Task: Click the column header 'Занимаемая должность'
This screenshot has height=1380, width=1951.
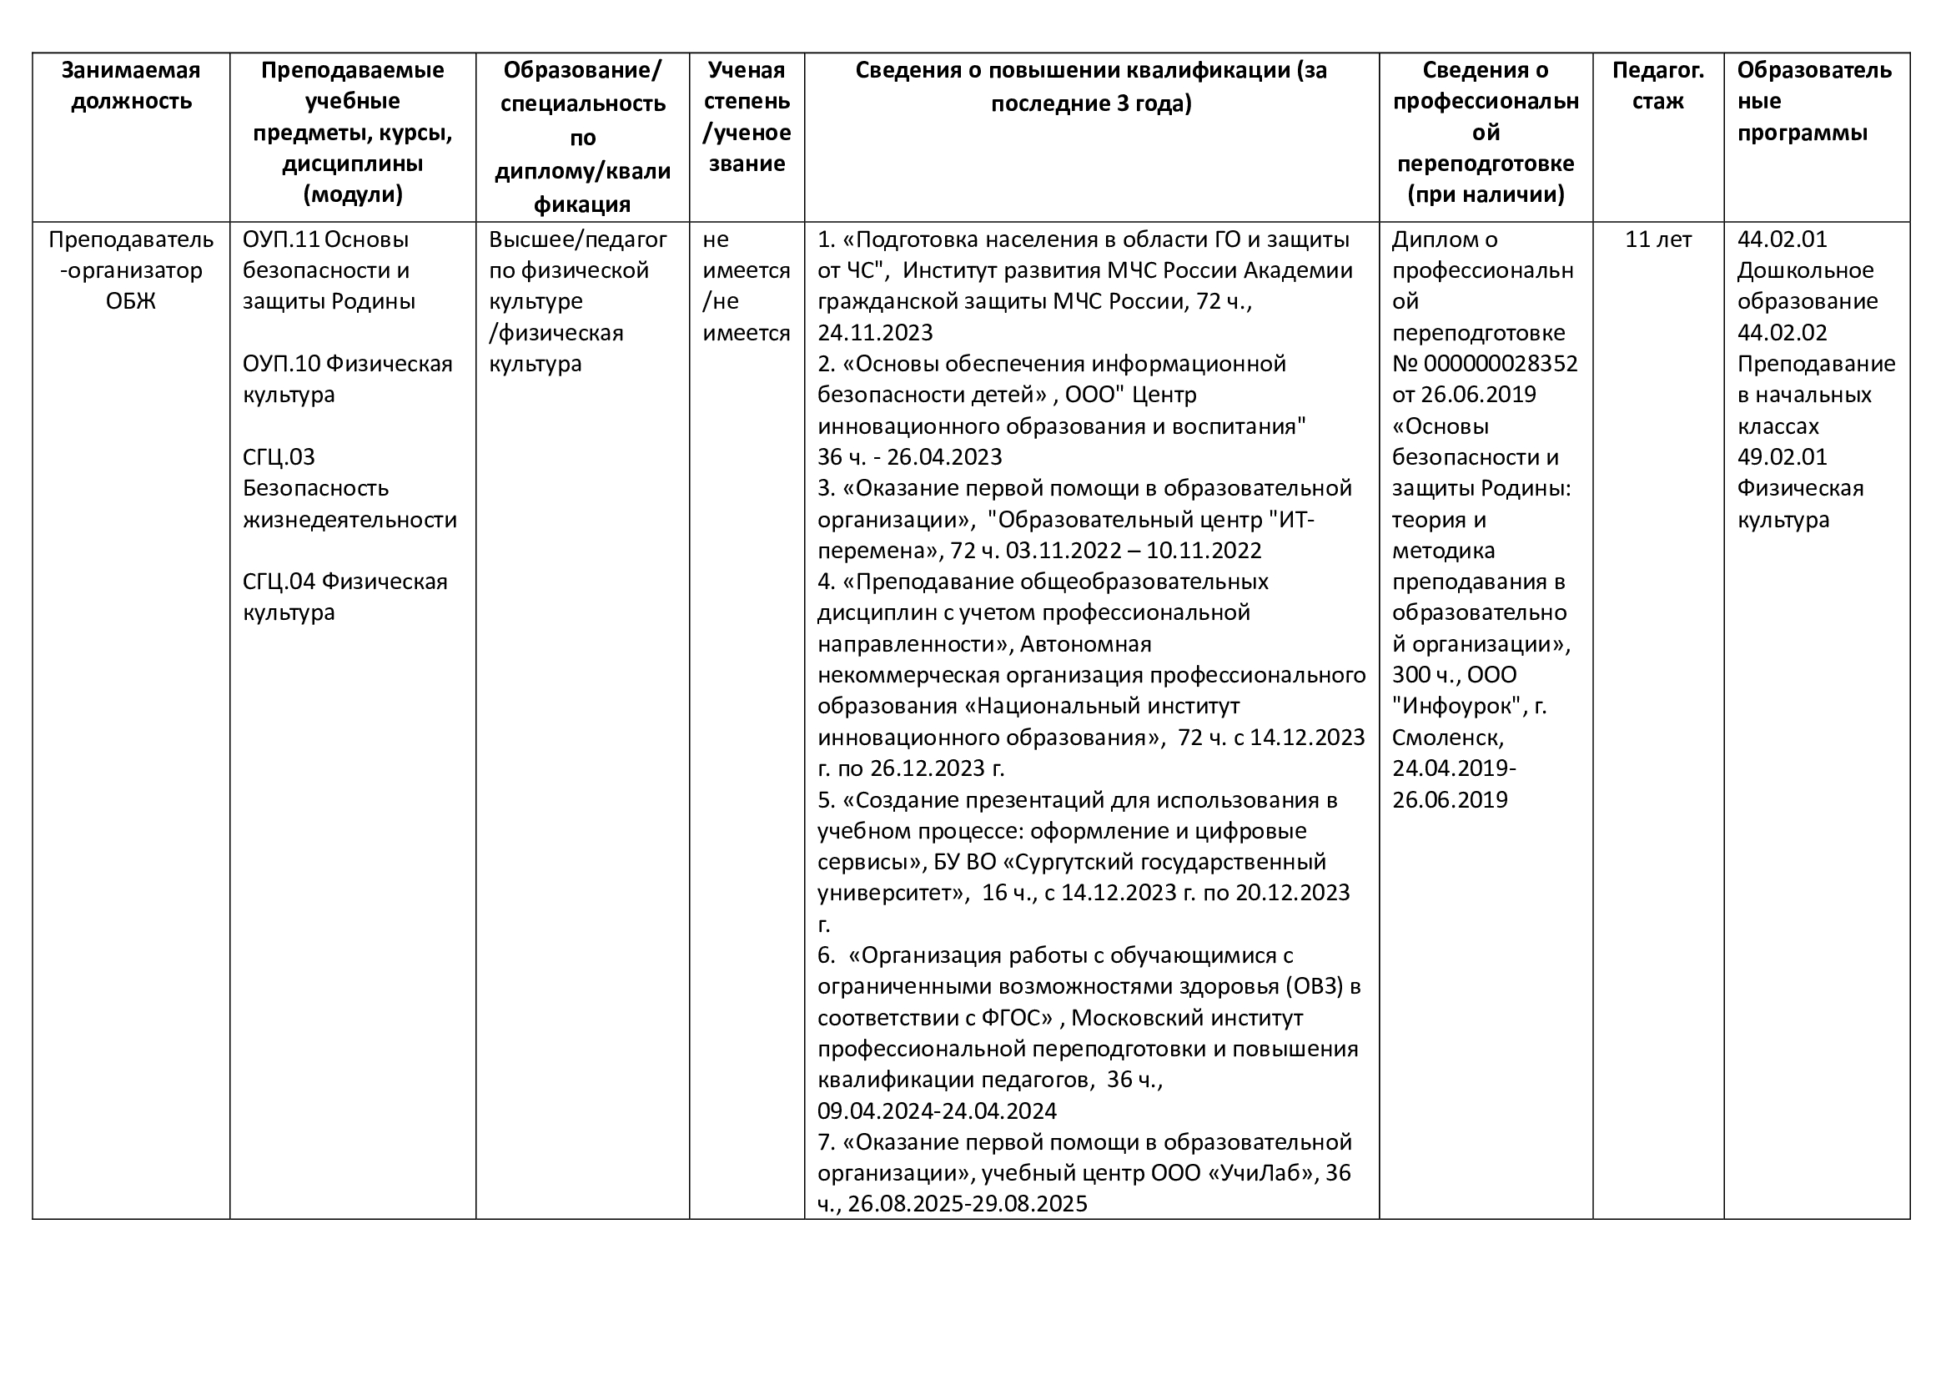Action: [x=131, y=86]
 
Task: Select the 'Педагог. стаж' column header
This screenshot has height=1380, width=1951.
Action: [x=1657, y=86]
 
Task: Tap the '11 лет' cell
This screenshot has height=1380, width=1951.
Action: [x=1657, y=239]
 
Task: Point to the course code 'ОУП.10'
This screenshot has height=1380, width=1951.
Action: [x=281, y=364]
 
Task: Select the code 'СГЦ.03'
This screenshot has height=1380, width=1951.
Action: [x=279, y=457]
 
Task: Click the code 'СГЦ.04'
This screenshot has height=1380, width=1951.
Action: [x=279, y=582]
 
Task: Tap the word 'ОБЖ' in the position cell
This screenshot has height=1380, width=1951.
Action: [x=131, y=302]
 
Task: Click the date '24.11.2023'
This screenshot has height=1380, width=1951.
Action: [x=875, y=333]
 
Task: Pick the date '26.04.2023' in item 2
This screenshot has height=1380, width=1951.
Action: [x=944, y=457]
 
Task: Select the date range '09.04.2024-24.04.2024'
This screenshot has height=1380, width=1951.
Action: [x=938, y=1111]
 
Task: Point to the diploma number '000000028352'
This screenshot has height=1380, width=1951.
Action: [x=1500, y=364]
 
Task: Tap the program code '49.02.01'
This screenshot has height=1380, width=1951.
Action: [x=1782, y=457]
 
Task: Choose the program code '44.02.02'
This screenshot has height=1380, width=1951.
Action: [x=1782, y=333]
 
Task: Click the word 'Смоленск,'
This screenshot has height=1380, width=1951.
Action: [x=1448, y=737]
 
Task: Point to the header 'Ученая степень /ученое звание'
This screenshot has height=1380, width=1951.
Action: [x=746, y=118]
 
